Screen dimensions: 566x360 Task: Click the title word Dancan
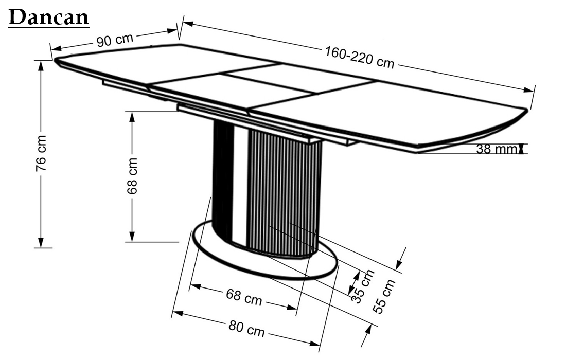[49, 17]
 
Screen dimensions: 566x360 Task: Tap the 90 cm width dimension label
[115, 40]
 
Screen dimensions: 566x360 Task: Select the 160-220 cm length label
[360, 58]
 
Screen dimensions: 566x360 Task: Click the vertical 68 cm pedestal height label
[132, 176]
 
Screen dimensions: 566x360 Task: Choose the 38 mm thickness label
[497, 149]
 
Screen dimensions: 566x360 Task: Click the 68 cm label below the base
[244, 297]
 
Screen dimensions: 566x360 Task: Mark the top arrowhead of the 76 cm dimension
[41, 65]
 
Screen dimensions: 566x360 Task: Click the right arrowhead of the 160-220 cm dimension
[529, 89]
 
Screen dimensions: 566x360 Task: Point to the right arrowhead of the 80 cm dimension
[314, 344]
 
